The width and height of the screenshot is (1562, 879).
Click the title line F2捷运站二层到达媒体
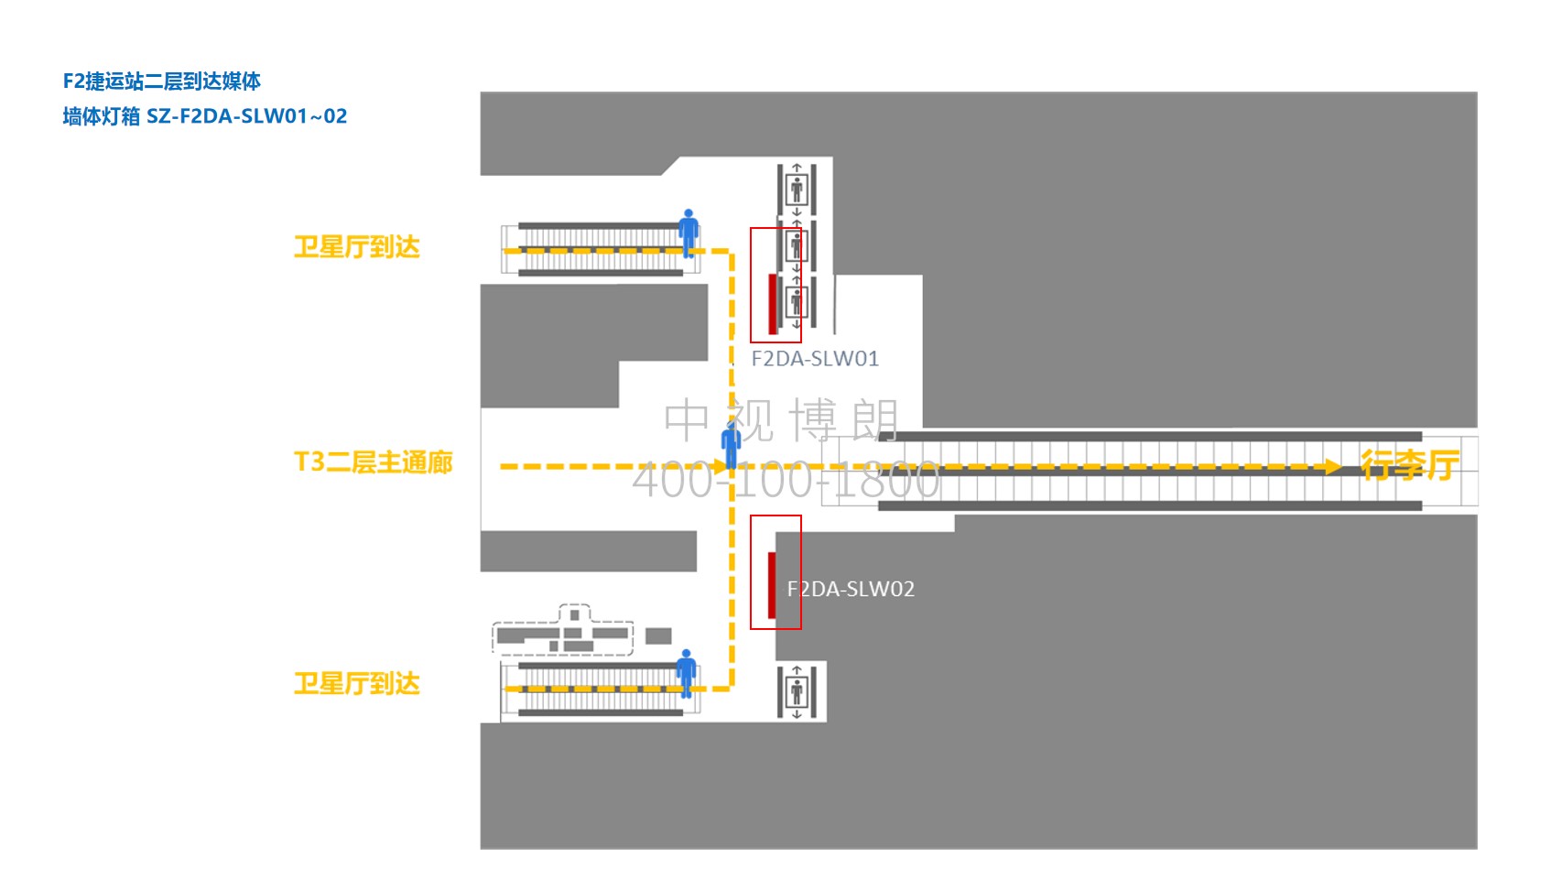(161, 81)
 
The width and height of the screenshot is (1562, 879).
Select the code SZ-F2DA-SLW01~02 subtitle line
(204, 116)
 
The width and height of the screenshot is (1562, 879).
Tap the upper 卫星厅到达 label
(356, 247)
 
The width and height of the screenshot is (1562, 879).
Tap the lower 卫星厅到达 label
(356, 683)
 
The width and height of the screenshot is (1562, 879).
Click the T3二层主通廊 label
(373, 462)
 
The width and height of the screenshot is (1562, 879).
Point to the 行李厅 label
(1409, 465)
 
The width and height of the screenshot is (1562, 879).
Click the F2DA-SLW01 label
(815, 359)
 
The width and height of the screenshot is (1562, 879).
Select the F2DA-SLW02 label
(851, 589)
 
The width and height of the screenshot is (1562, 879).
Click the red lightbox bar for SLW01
(773, 303)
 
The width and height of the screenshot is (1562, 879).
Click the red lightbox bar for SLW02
(772, 585)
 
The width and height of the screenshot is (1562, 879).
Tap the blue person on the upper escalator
(689, 233)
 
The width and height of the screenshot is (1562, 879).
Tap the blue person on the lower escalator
(687, 673)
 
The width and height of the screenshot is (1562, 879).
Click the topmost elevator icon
(797, 189)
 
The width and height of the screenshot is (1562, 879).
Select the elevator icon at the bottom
(797, 691)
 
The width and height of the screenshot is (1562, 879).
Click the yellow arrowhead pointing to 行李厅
(1332, 467)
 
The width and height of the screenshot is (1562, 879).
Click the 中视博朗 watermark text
(781, 420)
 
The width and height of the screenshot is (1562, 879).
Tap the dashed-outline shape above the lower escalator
(562, 630)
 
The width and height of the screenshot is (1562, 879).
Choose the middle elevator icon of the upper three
(797, 245)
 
